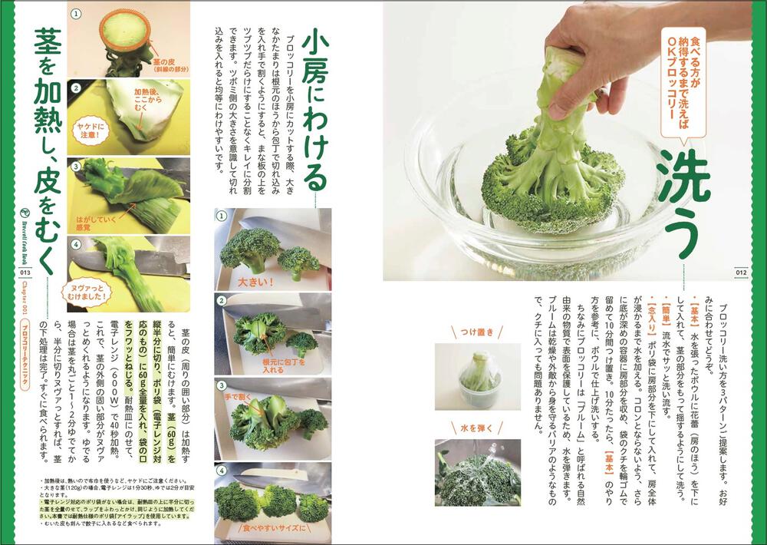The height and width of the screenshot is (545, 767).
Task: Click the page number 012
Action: coord(741,270)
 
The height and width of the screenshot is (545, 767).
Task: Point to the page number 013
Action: coord(25,271)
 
